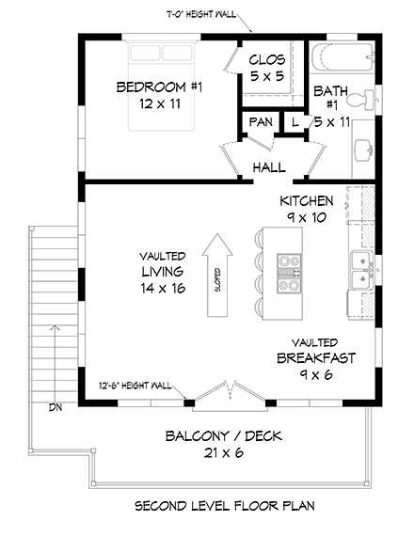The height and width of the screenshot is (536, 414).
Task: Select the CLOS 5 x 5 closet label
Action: coord(266,68)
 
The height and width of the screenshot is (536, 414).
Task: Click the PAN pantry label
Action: coord(261,123)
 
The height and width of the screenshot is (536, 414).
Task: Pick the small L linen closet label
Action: coord(295,123)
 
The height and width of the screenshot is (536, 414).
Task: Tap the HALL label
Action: coord(269,167)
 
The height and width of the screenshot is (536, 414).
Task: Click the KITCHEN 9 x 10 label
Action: coord(307,209)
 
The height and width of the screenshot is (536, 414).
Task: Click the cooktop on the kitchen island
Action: coord(290,271)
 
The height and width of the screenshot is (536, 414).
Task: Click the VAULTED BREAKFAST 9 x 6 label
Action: coord(314,358)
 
